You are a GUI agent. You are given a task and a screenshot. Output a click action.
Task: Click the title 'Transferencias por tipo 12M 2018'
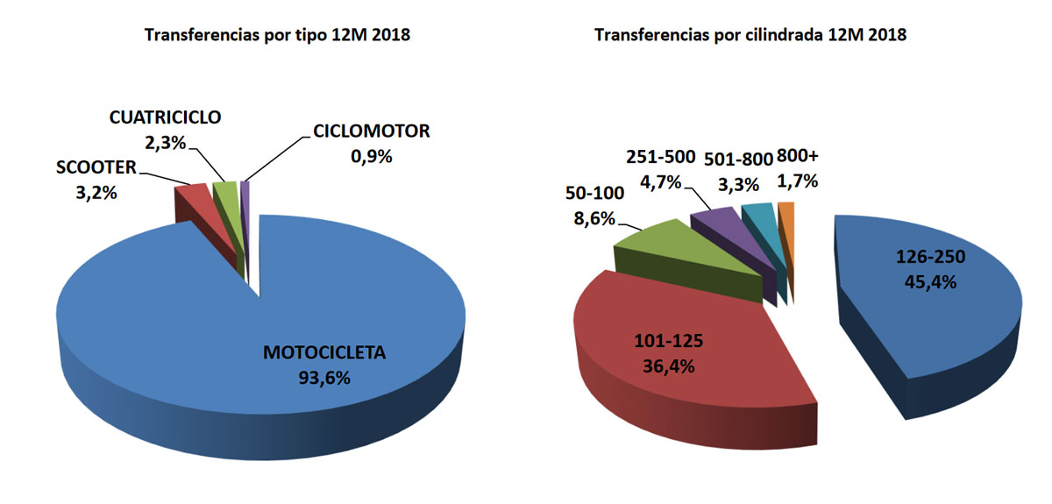pos(278,36)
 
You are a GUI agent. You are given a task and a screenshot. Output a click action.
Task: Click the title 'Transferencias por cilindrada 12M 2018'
pos(750,36)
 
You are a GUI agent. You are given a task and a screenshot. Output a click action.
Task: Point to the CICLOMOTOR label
pos(371,132)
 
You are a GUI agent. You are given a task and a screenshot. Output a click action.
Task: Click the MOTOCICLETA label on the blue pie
pos(324,354)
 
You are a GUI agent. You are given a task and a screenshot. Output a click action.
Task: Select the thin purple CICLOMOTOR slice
pos(245,190)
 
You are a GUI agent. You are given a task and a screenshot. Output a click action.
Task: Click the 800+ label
pos(798,158)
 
